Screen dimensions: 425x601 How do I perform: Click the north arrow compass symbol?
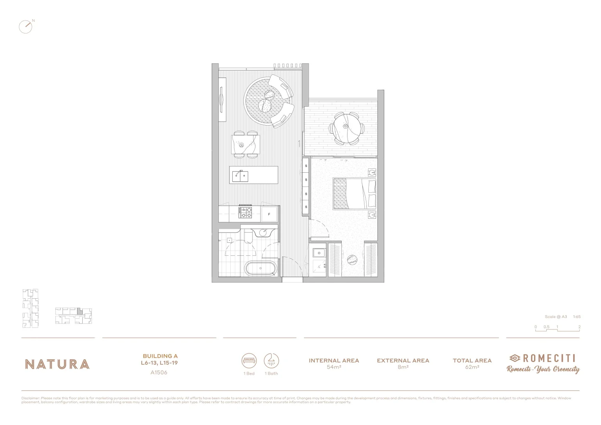(x=26, y=26)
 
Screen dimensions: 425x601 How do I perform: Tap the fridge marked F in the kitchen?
(x=269, y=214)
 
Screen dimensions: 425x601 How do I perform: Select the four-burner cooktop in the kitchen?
(x=246, y=213)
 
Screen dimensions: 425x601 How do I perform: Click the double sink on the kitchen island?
(x=240, y=176)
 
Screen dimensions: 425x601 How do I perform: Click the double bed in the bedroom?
(x=354, y=193)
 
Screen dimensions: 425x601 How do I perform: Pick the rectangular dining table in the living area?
(x=246, y=145)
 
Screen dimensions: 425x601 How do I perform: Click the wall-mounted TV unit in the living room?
(x=223, y=100)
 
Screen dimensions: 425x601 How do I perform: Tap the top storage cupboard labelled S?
(x=306, y=166)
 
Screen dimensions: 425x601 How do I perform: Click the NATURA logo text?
(x=57, y=364)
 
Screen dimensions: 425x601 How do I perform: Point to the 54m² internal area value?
(x=334, y=368)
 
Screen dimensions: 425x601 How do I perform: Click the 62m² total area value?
(x=472, y=368)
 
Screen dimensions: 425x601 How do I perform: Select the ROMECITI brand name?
(x=549, y=358)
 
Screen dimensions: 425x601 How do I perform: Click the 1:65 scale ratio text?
(x=577, y=317)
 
